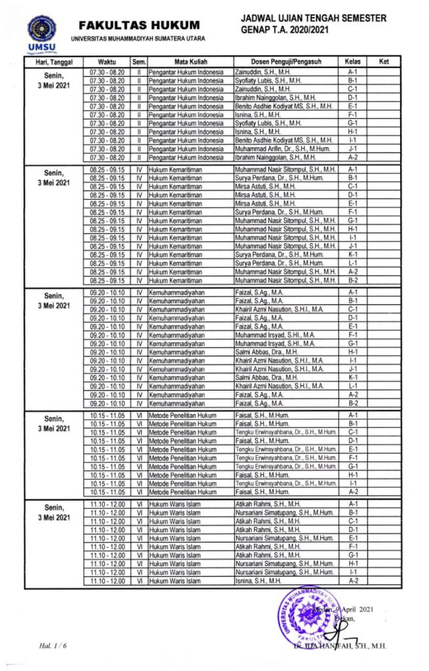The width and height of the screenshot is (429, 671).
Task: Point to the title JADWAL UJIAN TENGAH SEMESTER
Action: [314, 18]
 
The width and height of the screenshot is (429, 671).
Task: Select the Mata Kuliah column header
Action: [190, 62]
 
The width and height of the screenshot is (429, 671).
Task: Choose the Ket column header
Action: [384, 62]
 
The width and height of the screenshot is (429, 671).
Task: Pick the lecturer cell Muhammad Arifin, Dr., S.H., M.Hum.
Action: [275, 149]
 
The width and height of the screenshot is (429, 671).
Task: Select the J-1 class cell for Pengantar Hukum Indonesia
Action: [352, 149]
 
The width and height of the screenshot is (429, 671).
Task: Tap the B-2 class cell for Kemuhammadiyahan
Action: [352, 404]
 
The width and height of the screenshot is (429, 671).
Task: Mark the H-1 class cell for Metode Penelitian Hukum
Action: [352, 474]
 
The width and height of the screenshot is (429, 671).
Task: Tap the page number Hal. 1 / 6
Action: [53, 647]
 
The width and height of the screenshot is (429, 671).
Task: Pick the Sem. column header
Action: [140, 62]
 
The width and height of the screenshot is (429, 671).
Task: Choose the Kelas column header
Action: [352, 62]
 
